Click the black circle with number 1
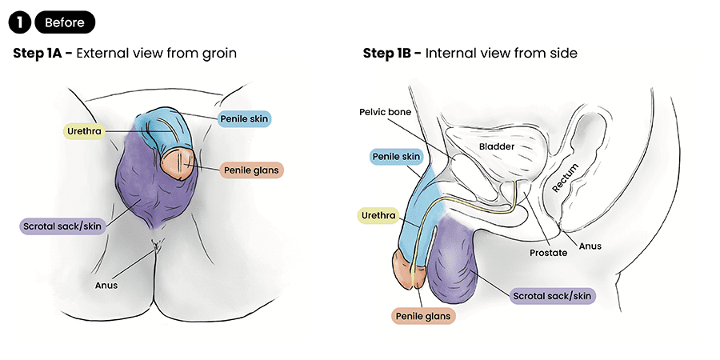[20, 22]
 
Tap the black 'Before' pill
[64, 22]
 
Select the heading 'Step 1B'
[390, 54]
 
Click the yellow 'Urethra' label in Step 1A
[82, 130]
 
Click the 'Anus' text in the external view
[106, 284]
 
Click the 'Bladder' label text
[496, 147]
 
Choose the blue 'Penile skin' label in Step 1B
[394, 157]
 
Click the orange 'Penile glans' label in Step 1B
[422, 316]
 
